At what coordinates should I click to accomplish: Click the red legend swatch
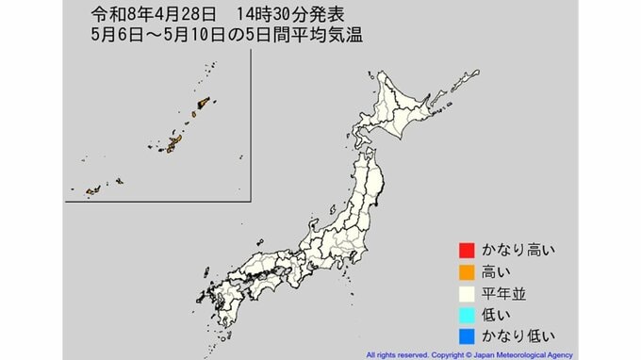point(464,251)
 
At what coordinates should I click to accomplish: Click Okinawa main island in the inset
point(174,143)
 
